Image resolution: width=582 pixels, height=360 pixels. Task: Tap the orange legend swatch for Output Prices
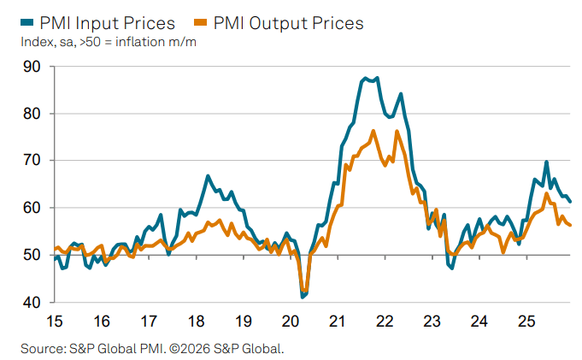[x=203, y=23]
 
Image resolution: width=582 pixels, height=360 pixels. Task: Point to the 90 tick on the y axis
[x=31, y=66]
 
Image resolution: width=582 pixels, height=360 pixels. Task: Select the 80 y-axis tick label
[x=31, y=113]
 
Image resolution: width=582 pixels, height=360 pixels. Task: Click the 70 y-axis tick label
[x=31, y=160]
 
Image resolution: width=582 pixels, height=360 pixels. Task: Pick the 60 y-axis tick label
[x=31, y=208]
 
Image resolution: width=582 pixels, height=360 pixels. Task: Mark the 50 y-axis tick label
[x=31, y=255]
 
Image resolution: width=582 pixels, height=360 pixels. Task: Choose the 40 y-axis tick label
[x=31, y=303]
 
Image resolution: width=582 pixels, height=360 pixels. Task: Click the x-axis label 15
[x=54, y=322]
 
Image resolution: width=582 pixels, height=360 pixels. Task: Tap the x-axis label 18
[x=196, y=322]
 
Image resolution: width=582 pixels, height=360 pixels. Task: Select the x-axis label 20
[x=290, y=322]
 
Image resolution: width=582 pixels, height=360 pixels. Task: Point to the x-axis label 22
[x=385, y=322]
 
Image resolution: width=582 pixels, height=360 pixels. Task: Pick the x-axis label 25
[x=526, y=322]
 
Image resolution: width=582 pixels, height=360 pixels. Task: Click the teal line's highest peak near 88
[x=366, y=78]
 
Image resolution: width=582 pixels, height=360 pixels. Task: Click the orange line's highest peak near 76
[x=373, y=131]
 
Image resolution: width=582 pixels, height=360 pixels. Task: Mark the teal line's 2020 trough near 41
[x=303, y=297]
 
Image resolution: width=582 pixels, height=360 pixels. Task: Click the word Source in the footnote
[x=42, y=348]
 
